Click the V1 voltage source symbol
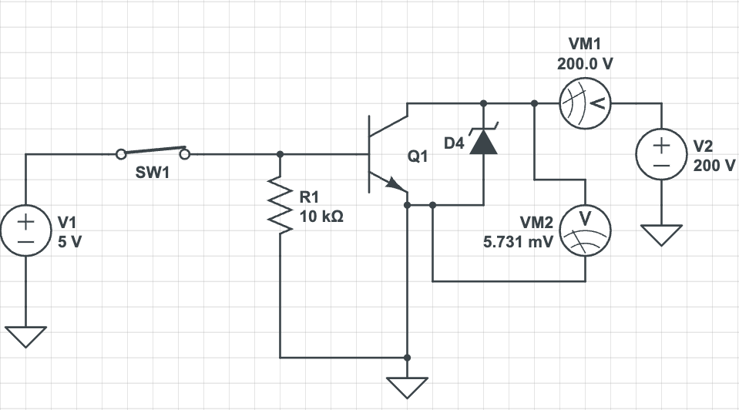[x=25, y=232]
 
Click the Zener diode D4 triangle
[x=483, y=142]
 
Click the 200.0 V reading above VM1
[x=586, y=64]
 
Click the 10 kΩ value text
[x=321, y=217]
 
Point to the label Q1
[x=417, y=157]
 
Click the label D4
[x=455, y=143]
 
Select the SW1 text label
[x=152, y=173]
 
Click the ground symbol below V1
[x=25, y=336]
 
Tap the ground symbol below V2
[x=661, y=234]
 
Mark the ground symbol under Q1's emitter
[x=408, y=385]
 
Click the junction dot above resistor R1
[x=280, y=154]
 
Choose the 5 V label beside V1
[x=69, y=240]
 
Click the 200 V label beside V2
[x=714, y=164]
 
